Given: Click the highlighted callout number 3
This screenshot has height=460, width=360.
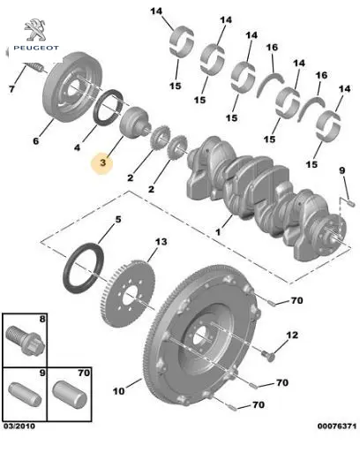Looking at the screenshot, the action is point(102,162).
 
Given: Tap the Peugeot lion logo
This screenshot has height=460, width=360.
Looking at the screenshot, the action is point(35,29).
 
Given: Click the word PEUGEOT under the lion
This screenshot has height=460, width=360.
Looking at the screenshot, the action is point(36,48).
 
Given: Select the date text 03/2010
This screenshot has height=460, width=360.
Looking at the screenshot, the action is point(19,426).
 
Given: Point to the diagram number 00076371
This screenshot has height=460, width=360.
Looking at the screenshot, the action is point(337,426).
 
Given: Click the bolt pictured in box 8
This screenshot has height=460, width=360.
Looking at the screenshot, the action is point(25,340).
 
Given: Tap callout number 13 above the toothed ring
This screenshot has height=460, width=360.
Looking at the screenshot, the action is point(161,242).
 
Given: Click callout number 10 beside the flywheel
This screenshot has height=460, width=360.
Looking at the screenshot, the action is point(118,391).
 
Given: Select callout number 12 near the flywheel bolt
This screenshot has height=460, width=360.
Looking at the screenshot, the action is point(292,335).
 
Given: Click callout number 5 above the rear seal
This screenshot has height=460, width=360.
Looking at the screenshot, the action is point(118,220).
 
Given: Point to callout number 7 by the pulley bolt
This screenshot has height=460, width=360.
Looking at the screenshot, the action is point(11,88).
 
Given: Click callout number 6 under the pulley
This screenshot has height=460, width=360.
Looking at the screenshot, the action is point(35,141).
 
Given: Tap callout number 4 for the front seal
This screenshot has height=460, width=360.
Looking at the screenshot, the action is point(77,147).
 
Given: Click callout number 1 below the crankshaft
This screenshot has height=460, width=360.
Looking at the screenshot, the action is point(218,232).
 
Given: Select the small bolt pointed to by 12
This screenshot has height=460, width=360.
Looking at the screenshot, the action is point(268,355).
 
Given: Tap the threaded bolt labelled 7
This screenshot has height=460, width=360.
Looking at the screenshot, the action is point(34,67).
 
